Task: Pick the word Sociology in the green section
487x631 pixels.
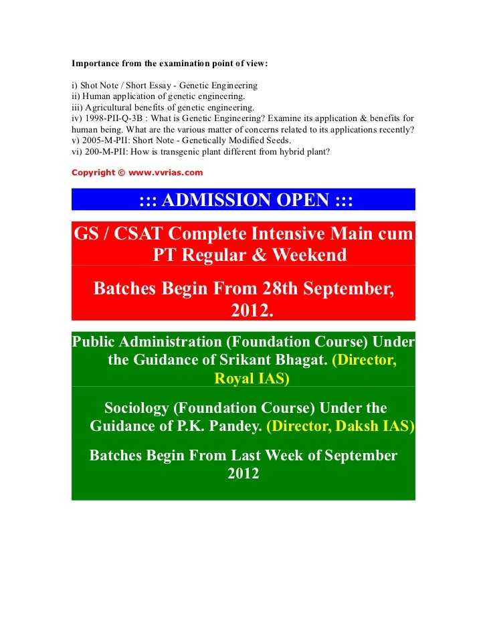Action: click(145, 408)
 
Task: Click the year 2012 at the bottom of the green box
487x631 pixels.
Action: click(243, 474)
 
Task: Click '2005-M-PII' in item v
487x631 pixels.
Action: click(102, 140)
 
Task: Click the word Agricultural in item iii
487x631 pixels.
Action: click(109, 107)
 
